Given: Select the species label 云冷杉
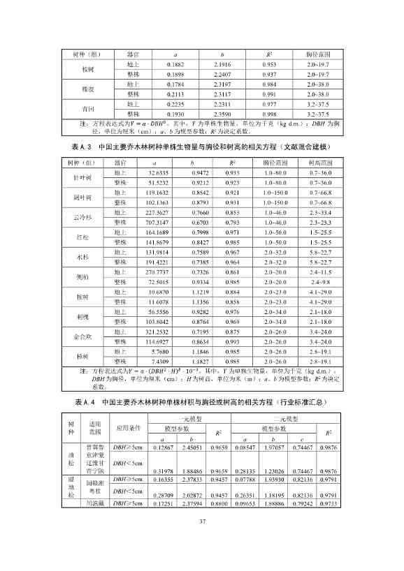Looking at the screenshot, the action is [x=80, y=216].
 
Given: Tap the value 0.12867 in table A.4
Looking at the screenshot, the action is [x=164, y=446].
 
